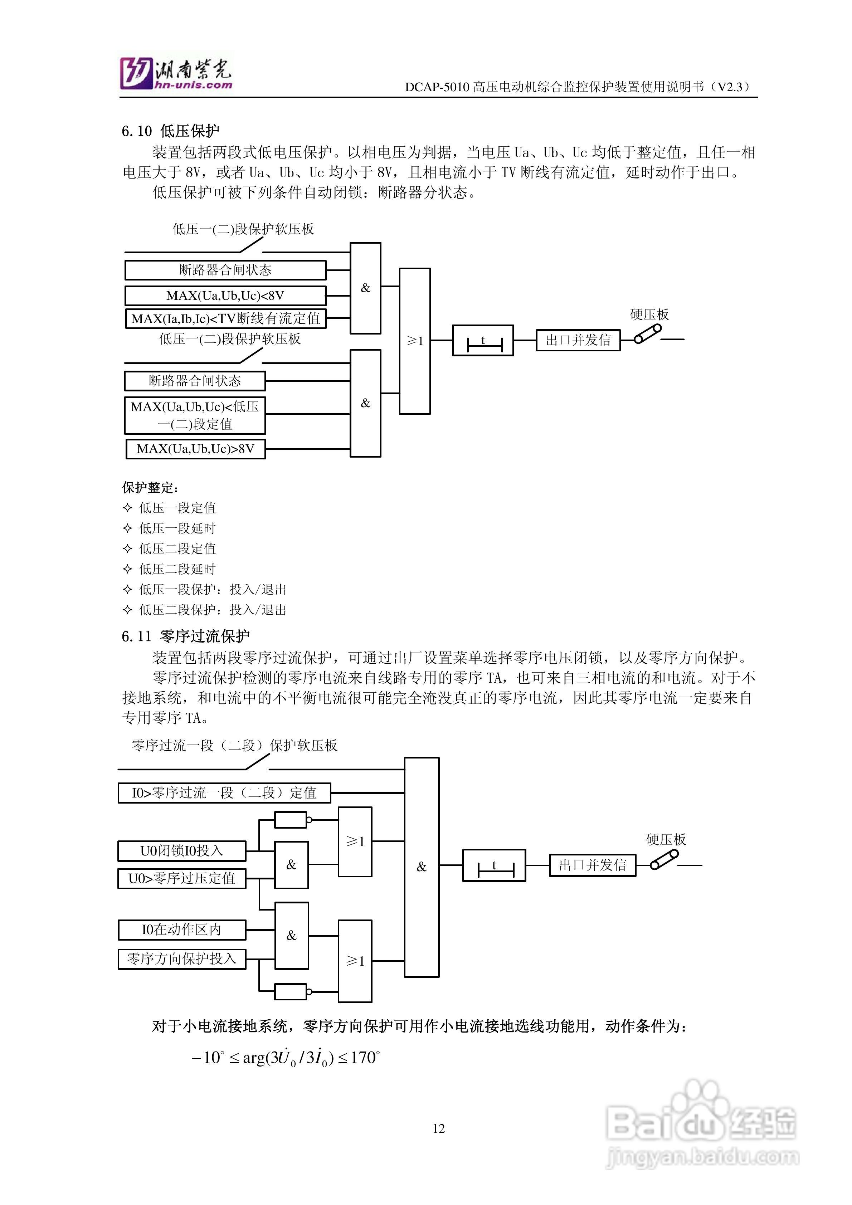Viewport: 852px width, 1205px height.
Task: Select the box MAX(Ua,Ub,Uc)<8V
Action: coord(225,296)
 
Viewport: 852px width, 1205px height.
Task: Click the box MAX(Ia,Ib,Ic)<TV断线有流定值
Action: coord(226,318)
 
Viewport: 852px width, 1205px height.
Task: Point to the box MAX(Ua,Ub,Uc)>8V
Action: coord(195,449)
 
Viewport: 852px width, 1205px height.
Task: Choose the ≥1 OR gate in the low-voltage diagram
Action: coord(415,341)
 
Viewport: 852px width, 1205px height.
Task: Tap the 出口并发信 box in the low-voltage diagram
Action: coord(578,340)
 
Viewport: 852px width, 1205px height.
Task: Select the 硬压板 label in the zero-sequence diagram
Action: coord(666,839)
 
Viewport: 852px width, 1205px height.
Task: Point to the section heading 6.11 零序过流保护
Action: coord(185,636)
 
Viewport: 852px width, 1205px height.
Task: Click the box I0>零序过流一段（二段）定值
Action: coord(224,793)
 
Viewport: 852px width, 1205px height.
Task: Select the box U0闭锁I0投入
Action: coord(182,851)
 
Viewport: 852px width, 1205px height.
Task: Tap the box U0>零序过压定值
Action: coord(182,878)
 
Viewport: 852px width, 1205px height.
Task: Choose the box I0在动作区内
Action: coord(182,930)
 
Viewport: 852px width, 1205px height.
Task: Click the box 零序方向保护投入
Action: coord(182,959)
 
